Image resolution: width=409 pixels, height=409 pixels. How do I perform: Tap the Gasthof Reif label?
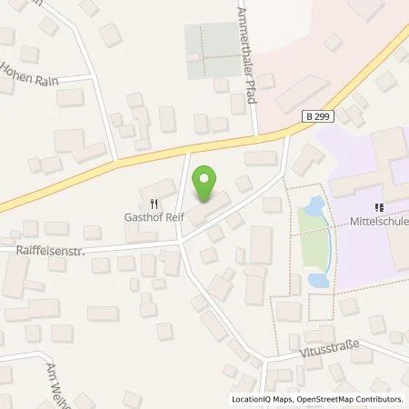pyautogui.click(x=155, y=218)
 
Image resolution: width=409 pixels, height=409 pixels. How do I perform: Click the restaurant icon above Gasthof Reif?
pyautogui.click(x=155, y=204)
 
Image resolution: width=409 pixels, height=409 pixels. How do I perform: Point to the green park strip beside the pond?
pyautogui.click(x=314, y=251)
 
